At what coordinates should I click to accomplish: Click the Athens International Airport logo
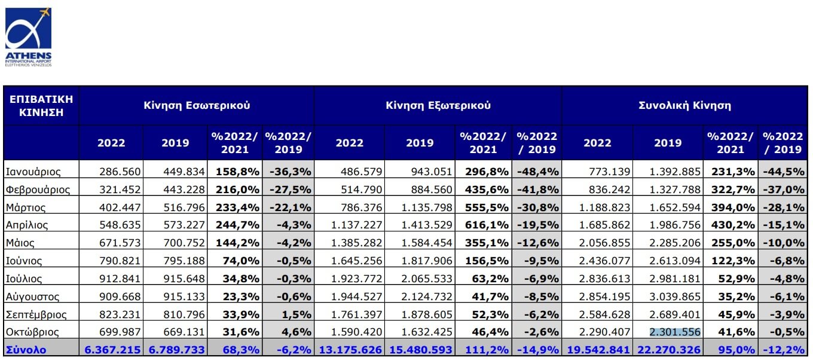pos(28,36)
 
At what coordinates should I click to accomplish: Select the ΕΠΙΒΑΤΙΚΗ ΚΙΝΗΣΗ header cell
pos(41,105)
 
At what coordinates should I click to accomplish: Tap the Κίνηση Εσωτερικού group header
pos(197,105)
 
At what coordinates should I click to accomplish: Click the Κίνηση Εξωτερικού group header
pos(438,105)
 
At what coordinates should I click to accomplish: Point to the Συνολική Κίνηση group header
pos(684,105)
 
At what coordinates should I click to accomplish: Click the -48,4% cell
pos(537,172)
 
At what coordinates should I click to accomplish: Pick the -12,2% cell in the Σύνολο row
pos(784,349)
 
